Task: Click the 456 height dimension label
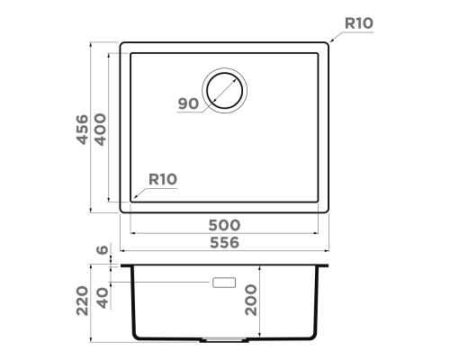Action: coord(83,130)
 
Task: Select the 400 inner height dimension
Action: coord(101,130)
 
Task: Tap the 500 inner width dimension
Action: coord(224,225)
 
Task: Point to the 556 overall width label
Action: coord(224,242)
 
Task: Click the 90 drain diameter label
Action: coord(188,103)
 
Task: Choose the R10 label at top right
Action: coord(359,23)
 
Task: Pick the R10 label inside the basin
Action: coord(163,179)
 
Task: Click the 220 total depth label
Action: coord(83,301)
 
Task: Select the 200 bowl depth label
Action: coord(251,300)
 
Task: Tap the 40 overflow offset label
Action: coord(103,298)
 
